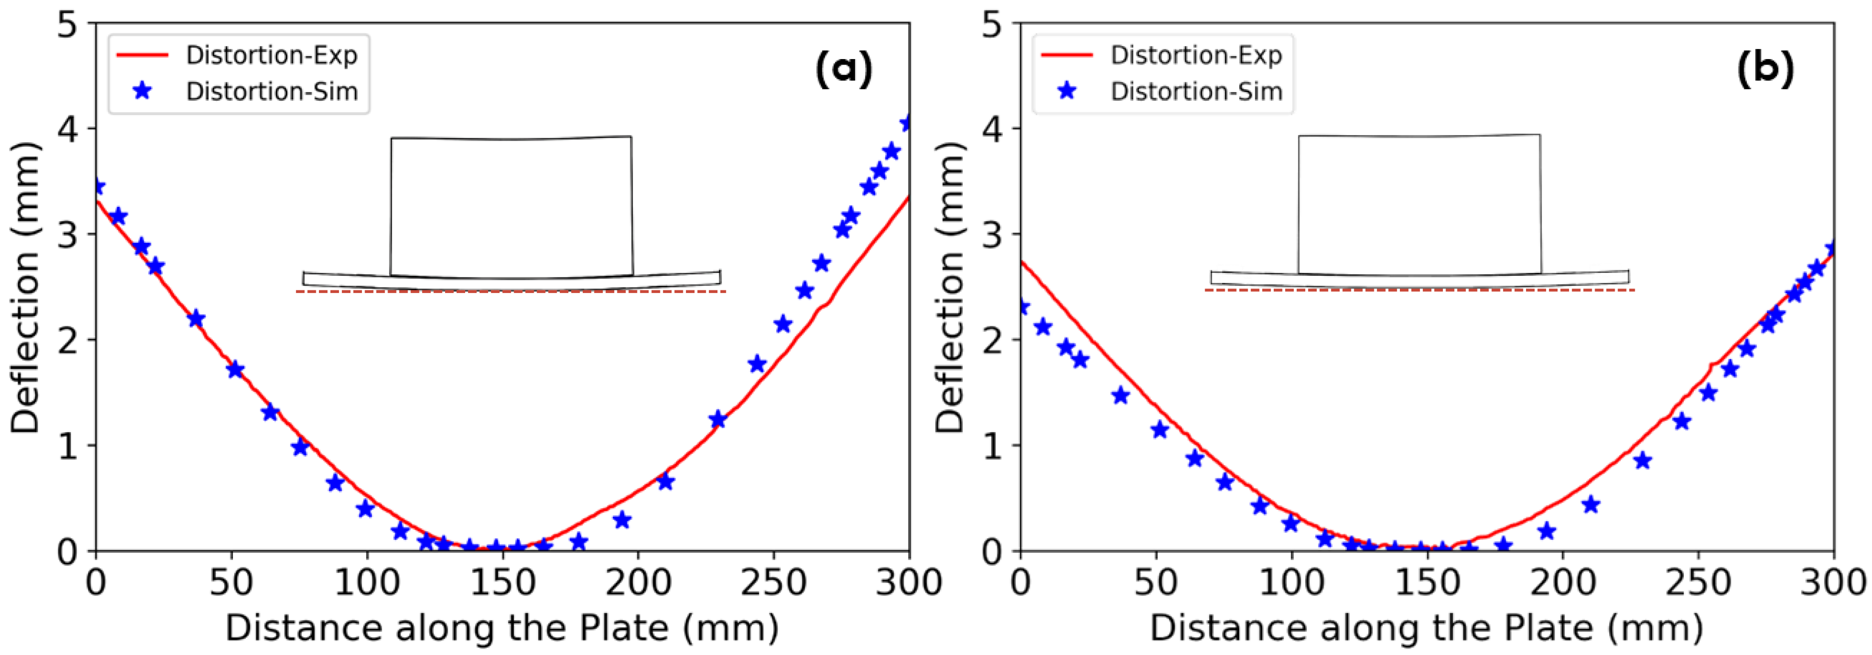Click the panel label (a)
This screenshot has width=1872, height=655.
tap(844, 70)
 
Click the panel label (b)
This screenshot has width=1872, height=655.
tap(1766, 70)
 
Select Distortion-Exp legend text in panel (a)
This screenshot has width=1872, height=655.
tap(272, 55)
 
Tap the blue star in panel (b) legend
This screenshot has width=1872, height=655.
tap(1067, 91)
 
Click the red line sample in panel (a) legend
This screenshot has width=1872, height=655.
tap(142, 55)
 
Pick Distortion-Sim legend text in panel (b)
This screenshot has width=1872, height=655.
tap(1196, 92)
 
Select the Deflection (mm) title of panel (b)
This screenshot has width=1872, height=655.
tap(949, 287)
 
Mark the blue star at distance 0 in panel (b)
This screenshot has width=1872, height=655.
tap(1022, 307)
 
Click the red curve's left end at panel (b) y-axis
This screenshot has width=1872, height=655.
tap(1022, 262)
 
